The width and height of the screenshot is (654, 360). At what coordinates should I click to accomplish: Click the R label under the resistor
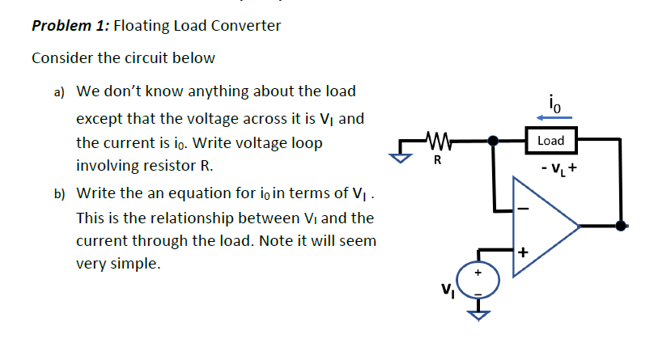pyautogui.click(x=437, y=159)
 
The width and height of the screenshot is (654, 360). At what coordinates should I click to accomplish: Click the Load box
pyautogui.click(x=550, y=140)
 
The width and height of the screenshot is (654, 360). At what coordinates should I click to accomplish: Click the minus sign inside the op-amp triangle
pyautogui.click(x=522, y=209)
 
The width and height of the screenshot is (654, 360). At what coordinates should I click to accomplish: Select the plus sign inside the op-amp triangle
pyautogui.click(x=522, y=252)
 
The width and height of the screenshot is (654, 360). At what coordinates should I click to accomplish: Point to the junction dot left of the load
pyautogui.click(x=493, y=141)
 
